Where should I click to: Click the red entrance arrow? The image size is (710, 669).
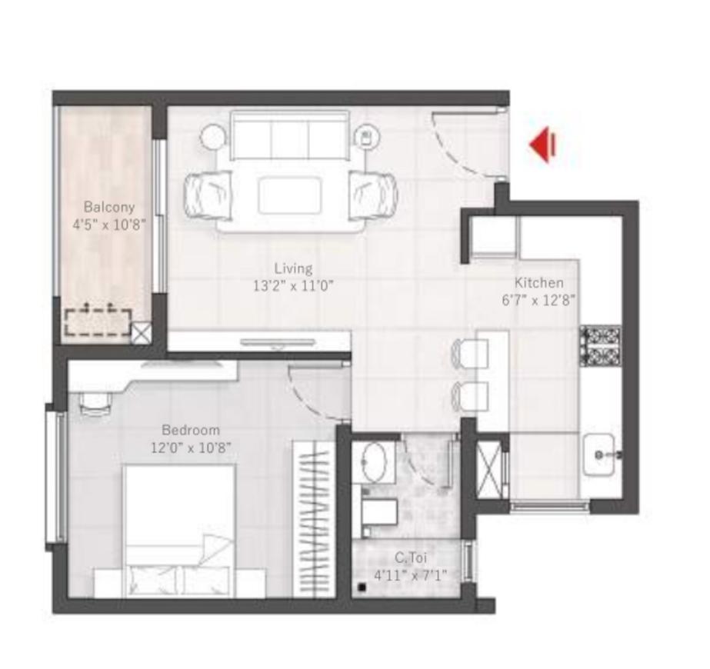point(542,145)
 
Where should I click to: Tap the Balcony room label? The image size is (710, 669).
point(109,208)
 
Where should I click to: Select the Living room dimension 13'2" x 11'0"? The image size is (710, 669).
point(293,286)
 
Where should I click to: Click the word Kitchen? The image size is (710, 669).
point(538,283)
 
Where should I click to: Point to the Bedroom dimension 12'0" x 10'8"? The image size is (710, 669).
point(191,448)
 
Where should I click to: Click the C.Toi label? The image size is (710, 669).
point(411,558)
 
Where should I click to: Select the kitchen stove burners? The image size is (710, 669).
point(600,346)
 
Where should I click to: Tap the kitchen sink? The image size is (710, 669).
point(598,454)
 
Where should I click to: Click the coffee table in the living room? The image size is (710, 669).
point(290,195)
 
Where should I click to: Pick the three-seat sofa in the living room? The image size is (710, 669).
point(289,135)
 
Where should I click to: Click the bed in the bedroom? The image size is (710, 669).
point(179,531)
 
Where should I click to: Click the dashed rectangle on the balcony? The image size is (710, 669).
point(98,322)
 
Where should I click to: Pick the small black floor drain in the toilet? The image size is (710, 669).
point(362,587)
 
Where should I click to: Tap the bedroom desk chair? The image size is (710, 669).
point(95,403)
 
